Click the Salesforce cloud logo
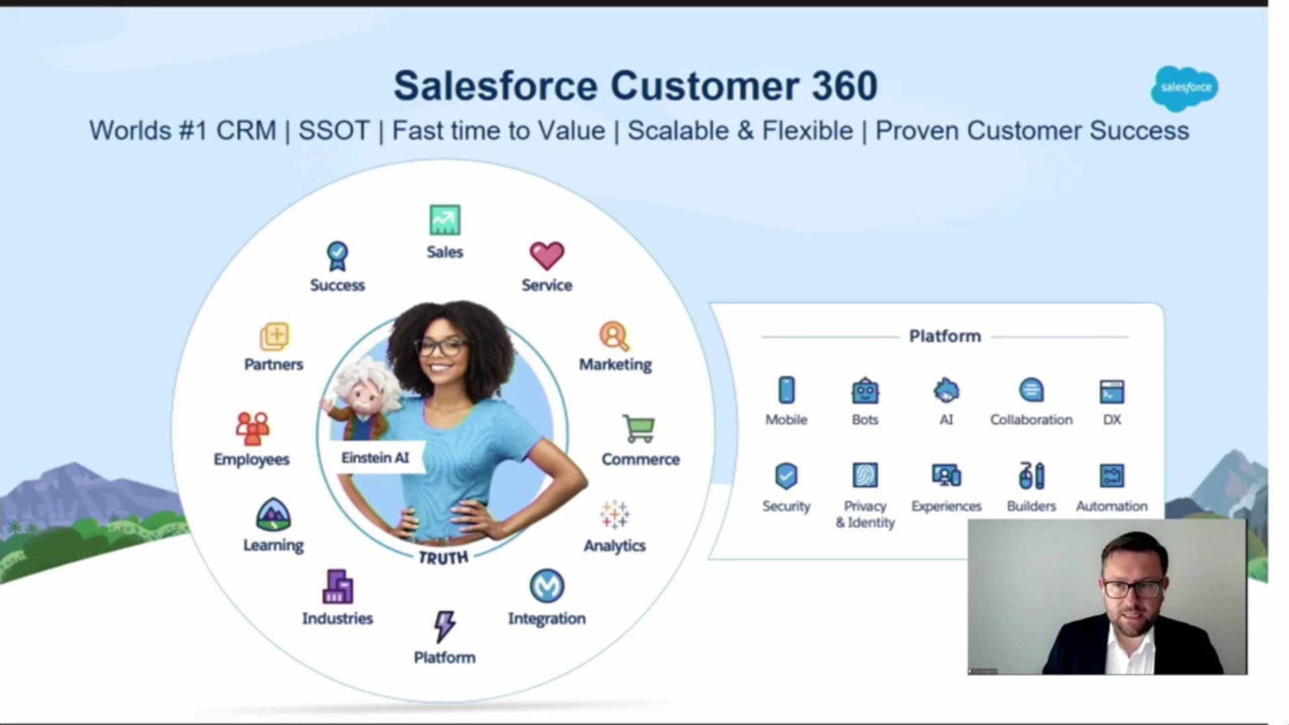[1185, 88]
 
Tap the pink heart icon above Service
[546, 256]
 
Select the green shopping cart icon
[638, 428]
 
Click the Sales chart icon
[444, 220]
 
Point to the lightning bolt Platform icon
[444, 626]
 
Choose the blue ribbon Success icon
[337, 256]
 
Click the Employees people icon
[252, 428]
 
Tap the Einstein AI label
[375, 458]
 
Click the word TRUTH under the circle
[443, 558]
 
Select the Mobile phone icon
[786, 390]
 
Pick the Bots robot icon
[865, 391]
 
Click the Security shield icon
[786, 476]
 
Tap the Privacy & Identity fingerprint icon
[865, 475]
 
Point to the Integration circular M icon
[546, 586]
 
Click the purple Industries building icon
[338, 587]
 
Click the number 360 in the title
[845, 86]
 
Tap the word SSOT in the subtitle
[334, 130]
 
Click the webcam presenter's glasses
[1133, 589]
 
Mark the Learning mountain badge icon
[273, 515]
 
